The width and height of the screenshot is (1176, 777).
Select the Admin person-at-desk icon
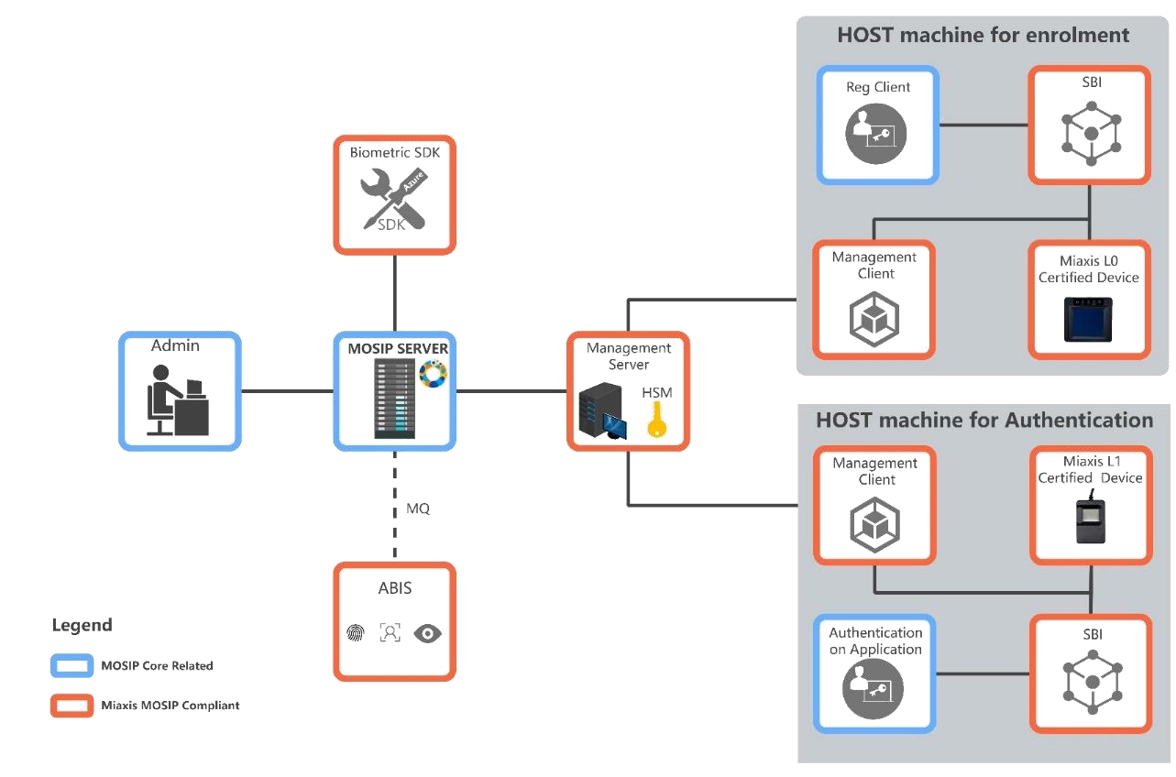tap(178, 399)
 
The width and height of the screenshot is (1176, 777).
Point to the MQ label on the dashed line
tap(418, 509)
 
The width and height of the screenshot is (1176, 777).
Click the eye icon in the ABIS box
tap(427, 633)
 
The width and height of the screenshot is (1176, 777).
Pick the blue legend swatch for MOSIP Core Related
tap(71, 666)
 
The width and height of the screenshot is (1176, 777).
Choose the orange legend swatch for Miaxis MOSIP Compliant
tap(71, 705)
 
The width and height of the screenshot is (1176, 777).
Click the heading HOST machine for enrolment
tap(983, 36)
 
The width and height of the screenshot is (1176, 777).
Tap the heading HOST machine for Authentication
tap(984, 421)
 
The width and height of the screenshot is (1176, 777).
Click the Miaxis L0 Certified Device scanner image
tap(1089, 317)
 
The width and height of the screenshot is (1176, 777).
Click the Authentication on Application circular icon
tap(873, 687)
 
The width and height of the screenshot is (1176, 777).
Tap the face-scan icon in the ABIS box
tap(390, 633)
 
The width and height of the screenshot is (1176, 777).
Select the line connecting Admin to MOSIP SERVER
tap(287, 391)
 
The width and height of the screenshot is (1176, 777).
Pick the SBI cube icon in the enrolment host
tap(1090, 136)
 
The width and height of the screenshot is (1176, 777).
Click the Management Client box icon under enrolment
tap(874, 317)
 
